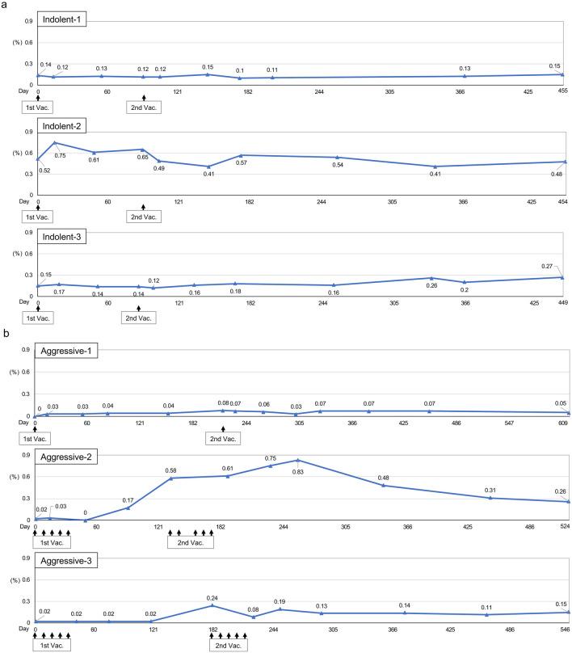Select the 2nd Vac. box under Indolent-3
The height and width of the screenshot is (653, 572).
[139, 318]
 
